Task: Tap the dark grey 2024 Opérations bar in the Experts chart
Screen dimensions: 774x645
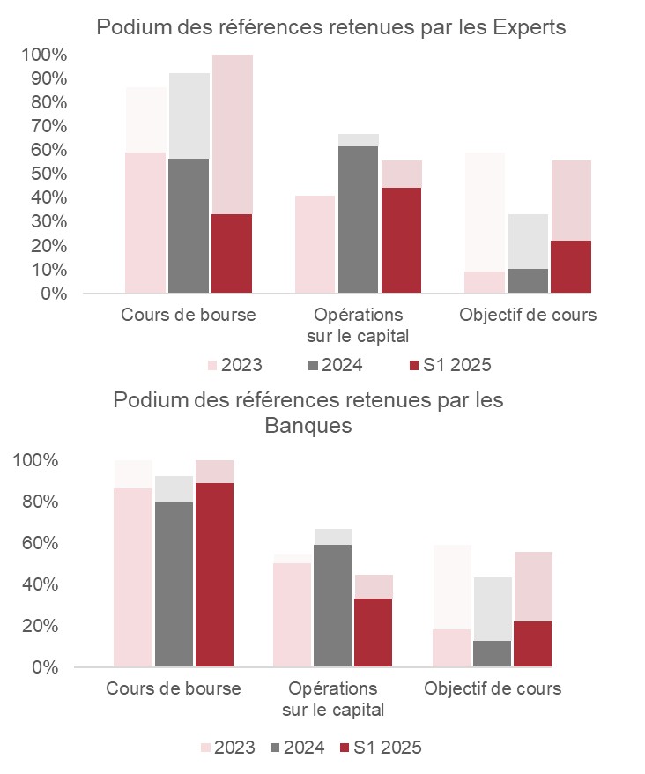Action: coord(358,219)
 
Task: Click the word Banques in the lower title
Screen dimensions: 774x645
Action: coord(308,427)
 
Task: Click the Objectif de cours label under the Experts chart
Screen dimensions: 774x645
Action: coord(528,315)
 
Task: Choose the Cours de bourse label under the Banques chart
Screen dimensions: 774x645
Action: coord(174,688)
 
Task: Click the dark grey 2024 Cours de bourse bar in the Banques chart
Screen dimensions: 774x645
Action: coord(174,584)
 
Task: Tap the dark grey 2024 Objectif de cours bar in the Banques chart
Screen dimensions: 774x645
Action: coord(493,653)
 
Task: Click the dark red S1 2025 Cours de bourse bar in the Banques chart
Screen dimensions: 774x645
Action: coord(214,575)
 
